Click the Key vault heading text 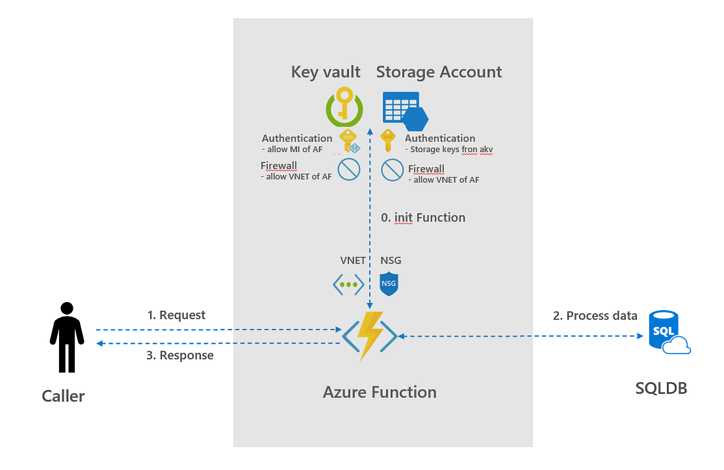click(325, 72)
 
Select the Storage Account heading click(439, 72)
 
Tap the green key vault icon click(344, 108)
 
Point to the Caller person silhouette click(67, 337)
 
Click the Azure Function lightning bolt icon click(370, 336)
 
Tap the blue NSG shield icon click(390, 284)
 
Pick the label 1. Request click(176, 315)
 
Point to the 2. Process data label click(595, 316)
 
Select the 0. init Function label click(423, 218)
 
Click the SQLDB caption click(661, 388)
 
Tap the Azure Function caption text click(380, 393)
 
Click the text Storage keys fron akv click(452, 149)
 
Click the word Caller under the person click(63, 396)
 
